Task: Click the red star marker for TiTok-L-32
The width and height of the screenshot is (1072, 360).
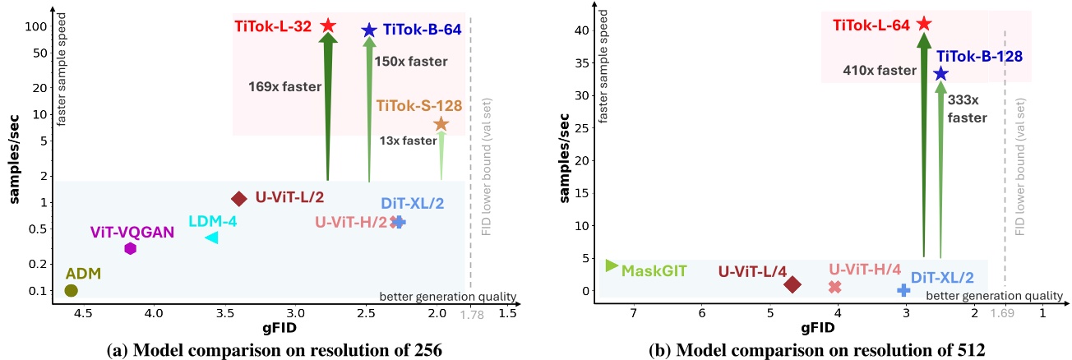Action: click(327, 26)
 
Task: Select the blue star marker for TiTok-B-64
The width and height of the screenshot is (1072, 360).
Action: click(369, 30)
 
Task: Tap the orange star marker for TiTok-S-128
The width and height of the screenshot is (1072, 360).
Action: click(441, 124)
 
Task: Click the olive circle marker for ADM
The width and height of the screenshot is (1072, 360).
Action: click(71, 290)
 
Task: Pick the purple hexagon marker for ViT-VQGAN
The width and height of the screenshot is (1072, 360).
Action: click(130, 248)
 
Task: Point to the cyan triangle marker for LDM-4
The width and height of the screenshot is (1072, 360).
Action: click(211, 238)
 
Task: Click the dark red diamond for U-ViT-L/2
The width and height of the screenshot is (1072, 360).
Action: click(239, 198)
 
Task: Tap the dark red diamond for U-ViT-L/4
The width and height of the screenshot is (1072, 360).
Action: click(792, 284)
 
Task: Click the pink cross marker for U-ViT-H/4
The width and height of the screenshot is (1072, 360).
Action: click(835, 287)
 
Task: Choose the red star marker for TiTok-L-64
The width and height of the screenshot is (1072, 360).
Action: click(924, 25)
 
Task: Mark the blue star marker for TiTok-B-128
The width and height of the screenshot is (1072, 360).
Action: click(940, 74)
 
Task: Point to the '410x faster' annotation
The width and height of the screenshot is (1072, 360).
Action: click(879, 71)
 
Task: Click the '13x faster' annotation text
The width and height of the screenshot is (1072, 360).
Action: click(408, 141)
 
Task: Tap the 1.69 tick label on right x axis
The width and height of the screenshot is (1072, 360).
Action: click(1005, 313)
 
